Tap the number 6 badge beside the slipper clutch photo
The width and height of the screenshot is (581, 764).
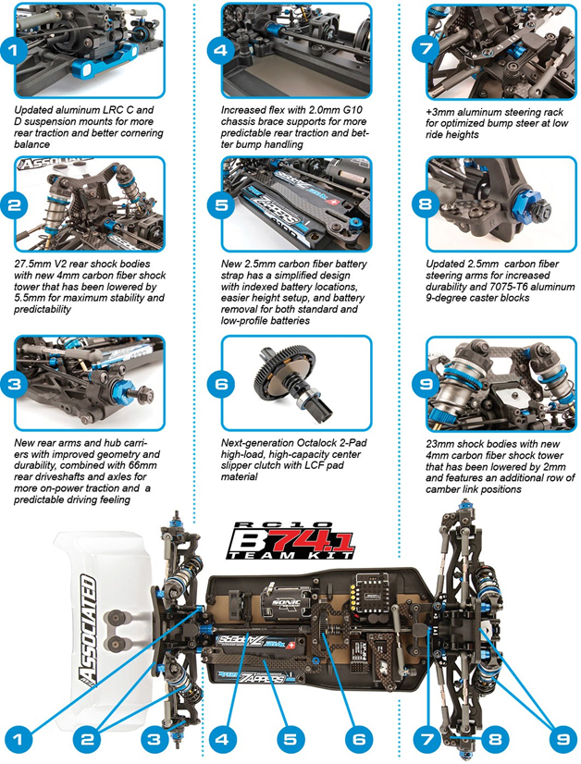tap(222, 383)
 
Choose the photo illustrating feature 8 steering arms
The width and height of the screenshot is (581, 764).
tap(491, 204)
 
